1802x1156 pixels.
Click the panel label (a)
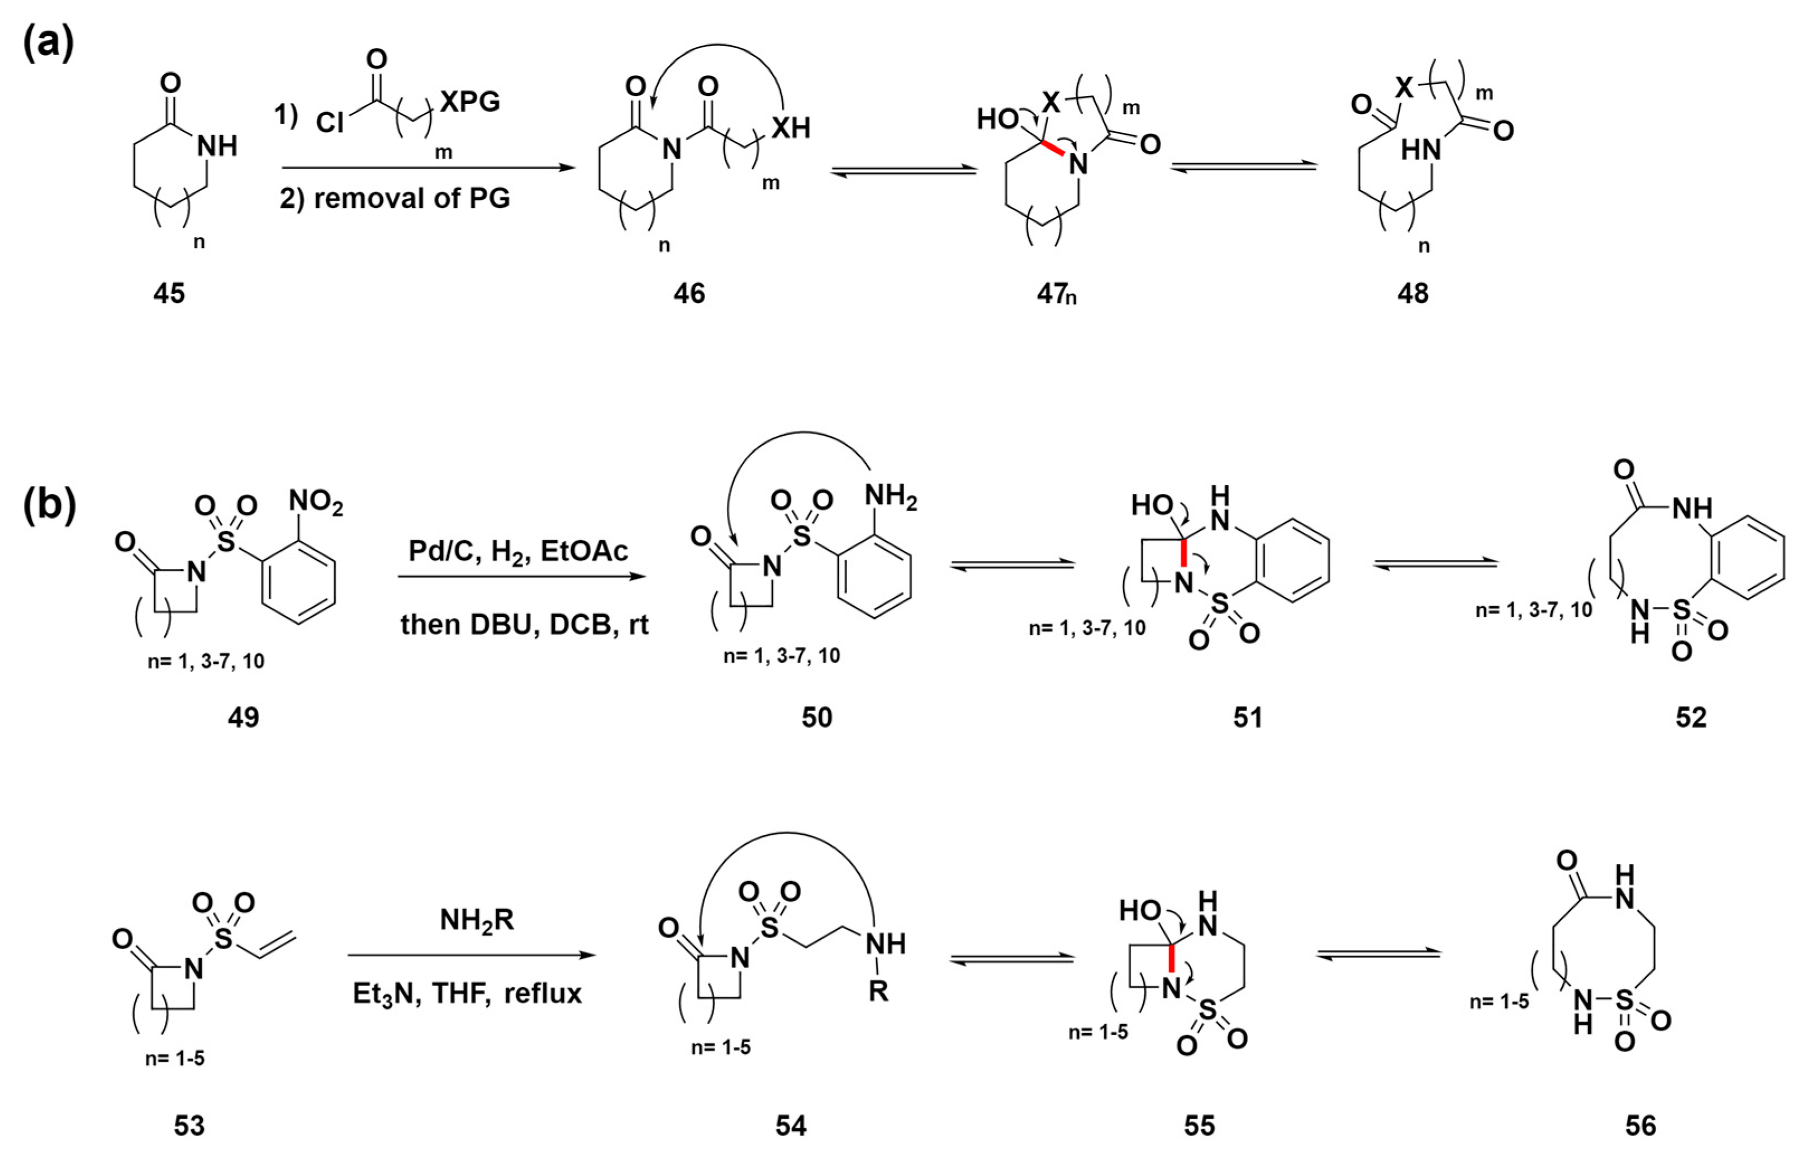tap(48, 44)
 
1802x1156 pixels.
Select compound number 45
tap(169, 293)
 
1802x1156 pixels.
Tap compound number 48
tap(1413, 293)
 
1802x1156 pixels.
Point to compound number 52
tap(1691, 717)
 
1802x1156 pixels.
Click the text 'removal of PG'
tap(411, 198)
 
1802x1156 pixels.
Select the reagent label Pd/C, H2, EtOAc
tap(518, 551)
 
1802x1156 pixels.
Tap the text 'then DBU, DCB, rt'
tap(524, 625)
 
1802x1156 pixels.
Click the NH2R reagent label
tap(477, 920)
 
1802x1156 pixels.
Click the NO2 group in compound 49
tap(315, 501)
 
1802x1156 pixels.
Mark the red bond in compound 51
tap(1183, 553)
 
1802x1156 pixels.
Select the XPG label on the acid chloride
tap(470, 101)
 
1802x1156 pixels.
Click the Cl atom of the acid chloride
tap(330, 122)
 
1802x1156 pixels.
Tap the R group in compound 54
tap(878, 992)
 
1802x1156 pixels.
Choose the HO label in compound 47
tap(997, 118)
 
